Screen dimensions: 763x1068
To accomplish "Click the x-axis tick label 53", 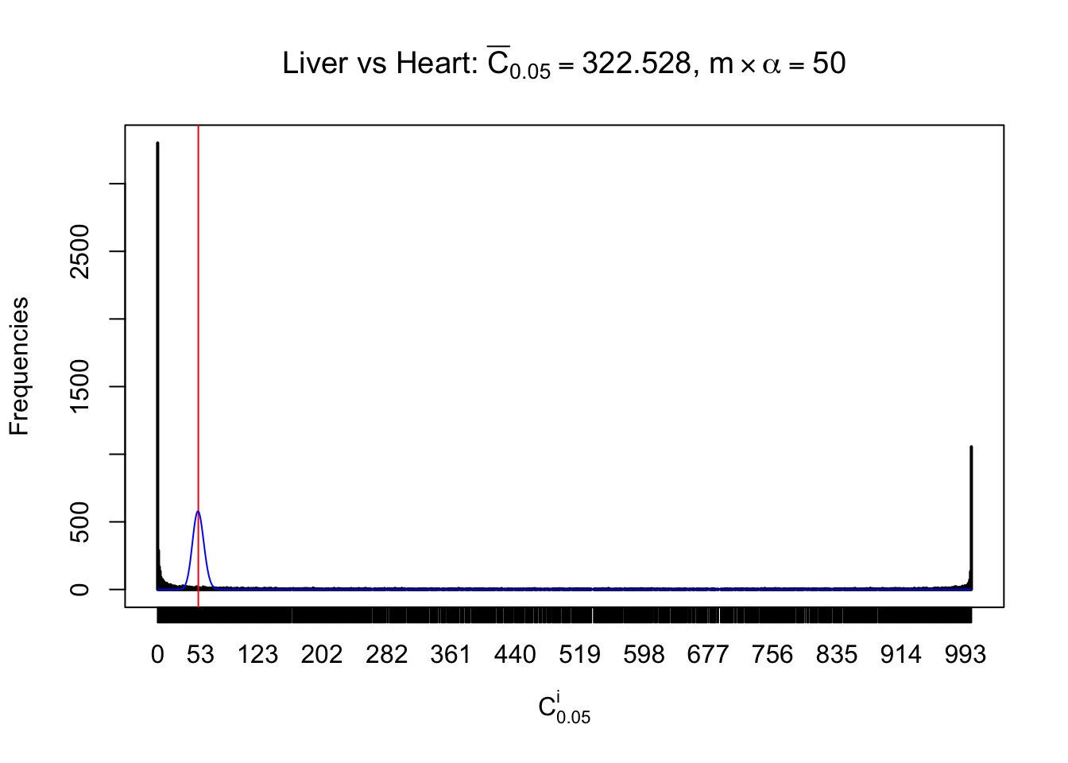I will [200, 654].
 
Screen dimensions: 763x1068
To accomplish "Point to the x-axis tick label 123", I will [258, 654].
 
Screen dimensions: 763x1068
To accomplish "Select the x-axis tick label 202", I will [322, 654].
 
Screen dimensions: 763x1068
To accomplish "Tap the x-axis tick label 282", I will [386, 654].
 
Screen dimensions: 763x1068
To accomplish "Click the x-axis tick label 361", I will [451, 654].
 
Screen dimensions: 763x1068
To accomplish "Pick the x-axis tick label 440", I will [515, 654].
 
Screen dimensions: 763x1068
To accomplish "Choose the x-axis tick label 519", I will [579, 654].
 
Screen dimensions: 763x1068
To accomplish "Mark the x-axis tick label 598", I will [644, 654].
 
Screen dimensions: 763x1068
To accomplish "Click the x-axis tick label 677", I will [708, 654].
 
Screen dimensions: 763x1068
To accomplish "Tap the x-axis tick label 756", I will [772, 654].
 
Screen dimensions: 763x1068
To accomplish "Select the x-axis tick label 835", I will [837, 654].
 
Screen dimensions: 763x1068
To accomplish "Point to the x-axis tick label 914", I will [901, 654].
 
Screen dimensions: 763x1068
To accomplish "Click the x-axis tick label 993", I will [965, 654].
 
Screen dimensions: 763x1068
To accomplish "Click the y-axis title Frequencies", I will [19, 366].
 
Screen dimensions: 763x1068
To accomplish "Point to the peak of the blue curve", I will [198, 511].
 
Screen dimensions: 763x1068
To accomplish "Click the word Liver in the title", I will [315, 63].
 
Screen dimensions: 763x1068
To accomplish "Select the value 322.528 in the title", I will [637, 63].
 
